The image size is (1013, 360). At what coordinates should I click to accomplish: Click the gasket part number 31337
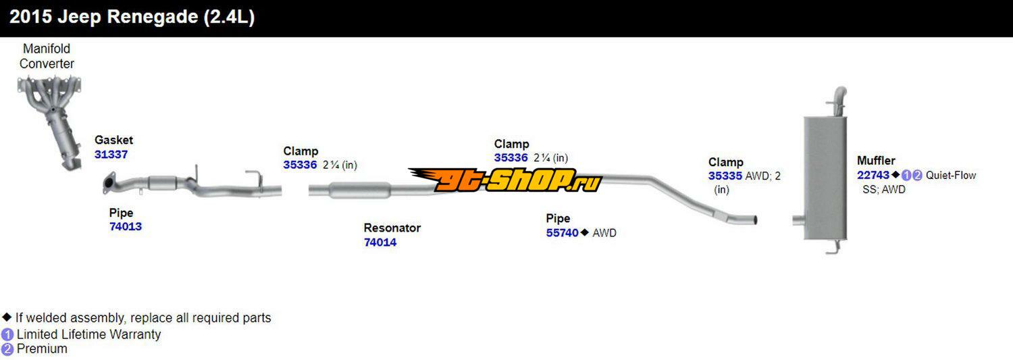(x=111, y=155)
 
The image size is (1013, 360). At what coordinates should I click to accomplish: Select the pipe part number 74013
(x=126, y=227)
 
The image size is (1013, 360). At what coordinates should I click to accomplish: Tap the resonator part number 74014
(x=380, y=242)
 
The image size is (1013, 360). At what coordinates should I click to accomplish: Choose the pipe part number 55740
(x=563, y=233)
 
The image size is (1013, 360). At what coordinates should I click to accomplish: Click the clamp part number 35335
(x=725, y=176)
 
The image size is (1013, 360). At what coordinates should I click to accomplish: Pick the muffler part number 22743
(x=873, y=176)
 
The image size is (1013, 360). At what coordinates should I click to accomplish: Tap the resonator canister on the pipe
(x=360, y=191)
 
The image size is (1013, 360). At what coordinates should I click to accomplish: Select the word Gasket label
(x=113, y=140)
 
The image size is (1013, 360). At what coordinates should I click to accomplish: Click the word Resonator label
(x=392, y=228)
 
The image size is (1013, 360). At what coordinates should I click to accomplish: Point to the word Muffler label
(x=876, y=161)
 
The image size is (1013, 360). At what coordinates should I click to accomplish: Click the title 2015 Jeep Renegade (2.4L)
(x=132, y=18)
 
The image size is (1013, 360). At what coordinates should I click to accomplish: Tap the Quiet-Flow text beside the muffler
(x=951, y=176)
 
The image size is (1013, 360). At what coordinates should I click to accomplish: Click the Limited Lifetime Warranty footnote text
(x=88, y=334)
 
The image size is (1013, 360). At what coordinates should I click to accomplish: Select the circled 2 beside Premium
(x=7, y=349)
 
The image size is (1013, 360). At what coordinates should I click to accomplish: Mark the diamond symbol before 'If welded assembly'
(x=7, y=317)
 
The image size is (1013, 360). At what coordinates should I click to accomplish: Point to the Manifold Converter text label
(x=47, y=56)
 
